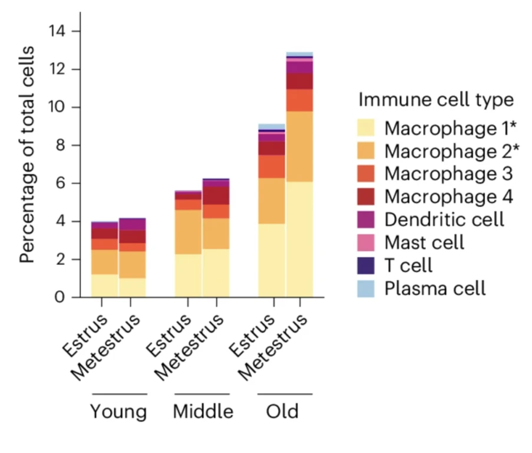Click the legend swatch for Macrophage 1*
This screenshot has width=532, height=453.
(366, 127)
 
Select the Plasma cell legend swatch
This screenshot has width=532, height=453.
(366, 288)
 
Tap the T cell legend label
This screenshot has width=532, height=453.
(408, 265)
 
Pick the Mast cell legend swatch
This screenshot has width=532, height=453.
(366, 242)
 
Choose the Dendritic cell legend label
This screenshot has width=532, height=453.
(444, 219)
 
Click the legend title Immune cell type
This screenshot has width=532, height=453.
(437, 100)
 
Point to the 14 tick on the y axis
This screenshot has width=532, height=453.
(57, 31)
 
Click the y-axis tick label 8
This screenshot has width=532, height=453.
(60, 145)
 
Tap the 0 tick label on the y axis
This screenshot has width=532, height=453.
(60, 297)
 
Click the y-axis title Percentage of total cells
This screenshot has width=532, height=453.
(27, 155)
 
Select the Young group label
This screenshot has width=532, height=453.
(118, 412)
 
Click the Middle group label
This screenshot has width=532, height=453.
(203, 411)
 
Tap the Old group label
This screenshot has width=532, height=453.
(282, 411)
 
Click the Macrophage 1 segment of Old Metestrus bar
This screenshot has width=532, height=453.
(300, 239)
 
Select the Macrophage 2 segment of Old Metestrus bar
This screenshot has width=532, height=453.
(300, 146)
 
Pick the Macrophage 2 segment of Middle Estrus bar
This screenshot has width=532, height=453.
(189, 232)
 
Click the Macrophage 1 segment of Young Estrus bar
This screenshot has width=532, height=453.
(104, 286)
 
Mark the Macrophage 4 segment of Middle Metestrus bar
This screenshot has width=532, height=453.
(216, 196)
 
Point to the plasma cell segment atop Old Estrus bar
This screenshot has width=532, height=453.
(272, 127)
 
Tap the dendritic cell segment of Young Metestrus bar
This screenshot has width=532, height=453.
(133, 225)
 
